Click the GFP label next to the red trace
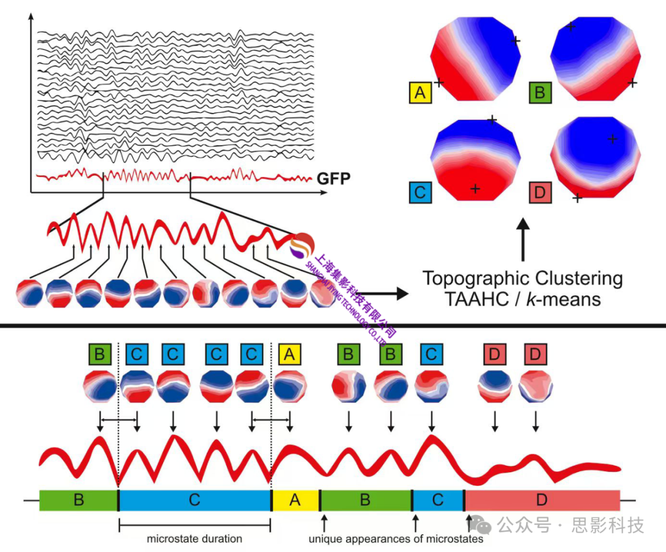[334, 180]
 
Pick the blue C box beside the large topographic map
[420, 192]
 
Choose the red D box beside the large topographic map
[540, 192]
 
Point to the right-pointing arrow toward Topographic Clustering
[382, 293]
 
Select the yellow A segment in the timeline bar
[295, 500]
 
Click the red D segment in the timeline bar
[541, 500]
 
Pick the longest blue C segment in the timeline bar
[194, 500]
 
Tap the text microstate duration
[194, 538]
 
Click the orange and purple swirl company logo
[302, 246]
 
